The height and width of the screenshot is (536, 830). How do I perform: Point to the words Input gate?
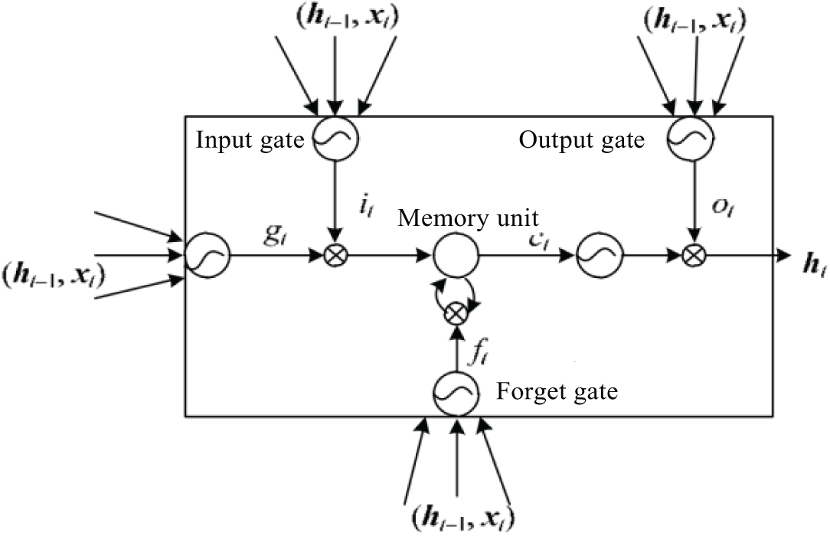click(x=250, y=140)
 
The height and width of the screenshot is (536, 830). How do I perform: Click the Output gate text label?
click(x=582, y=140)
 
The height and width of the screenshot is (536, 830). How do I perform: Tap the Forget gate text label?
click(x=557, y=392)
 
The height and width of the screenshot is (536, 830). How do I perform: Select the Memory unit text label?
click(x=468, y=217)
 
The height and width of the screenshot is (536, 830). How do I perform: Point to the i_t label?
click(x=365, y=206)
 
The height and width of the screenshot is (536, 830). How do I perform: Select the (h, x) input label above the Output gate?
click(x=694, y=22)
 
